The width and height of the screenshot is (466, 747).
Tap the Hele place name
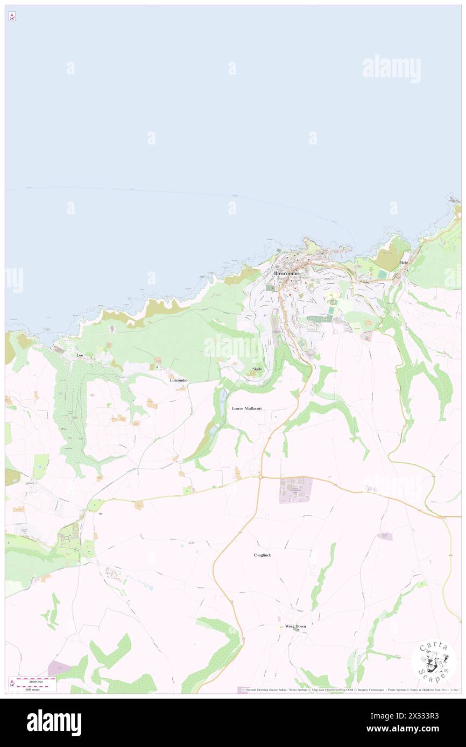coord(405,262)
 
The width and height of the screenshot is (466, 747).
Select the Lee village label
coord(80,355)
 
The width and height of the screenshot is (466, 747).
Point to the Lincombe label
coord(178,380)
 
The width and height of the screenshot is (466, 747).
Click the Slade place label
coord(257,369)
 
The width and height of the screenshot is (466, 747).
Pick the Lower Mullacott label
coord(246,408)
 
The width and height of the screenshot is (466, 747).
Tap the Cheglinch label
coord(266,555)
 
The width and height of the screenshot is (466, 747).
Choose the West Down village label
coord(295,626)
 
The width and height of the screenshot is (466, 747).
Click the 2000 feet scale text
coord(36,681)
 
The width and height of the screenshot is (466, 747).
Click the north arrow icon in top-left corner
coord(12,17)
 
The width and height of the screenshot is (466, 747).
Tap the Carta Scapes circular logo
coord(433,661)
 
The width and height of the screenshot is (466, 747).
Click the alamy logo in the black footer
coord(54,722)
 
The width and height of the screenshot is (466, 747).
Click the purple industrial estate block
coord(295,490)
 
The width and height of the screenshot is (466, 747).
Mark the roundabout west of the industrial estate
coord(259,476)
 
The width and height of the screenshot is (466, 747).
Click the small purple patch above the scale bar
coord(59,669)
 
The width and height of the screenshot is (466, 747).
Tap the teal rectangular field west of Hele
coord(382,274)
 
